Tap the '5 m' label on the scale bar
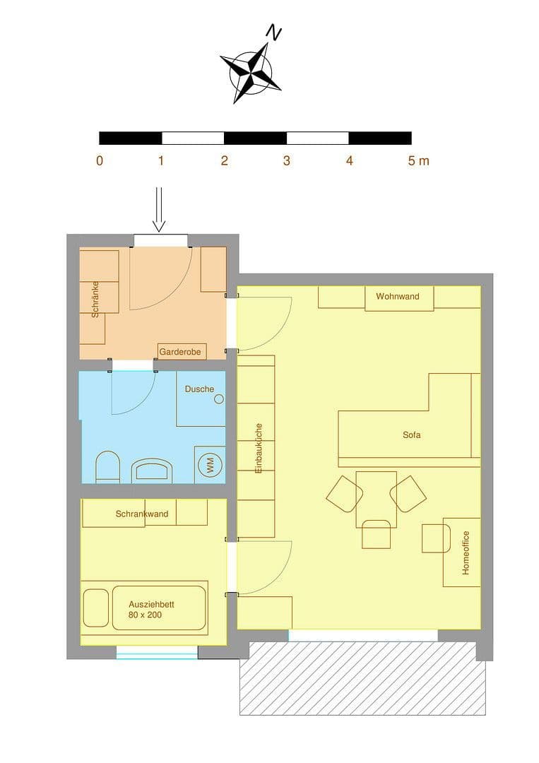coord(418,160)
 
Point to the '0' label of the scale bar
coord(100,160)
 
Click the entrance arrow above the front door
coord(159,209)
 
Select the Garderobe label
coord(180,351)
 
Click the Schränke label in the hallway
coord(95,297)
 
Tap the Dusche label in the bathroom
coord(199,389)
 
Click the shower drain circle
coord(219,398)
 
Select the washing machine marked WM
coord(210,465)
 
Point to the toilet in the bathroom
coord(107,468)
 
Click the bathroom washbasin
coord(152,471)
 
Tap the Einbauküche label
coord(259,448)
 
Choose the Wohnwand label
coord(397,296)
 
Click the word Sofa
coord(411,435)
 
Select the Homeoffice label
coord(466,553)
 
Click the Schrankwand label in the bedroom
coord(142,514)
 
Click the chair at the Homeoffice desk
coord(434,538)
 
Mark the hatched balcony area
coord(362,678)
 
